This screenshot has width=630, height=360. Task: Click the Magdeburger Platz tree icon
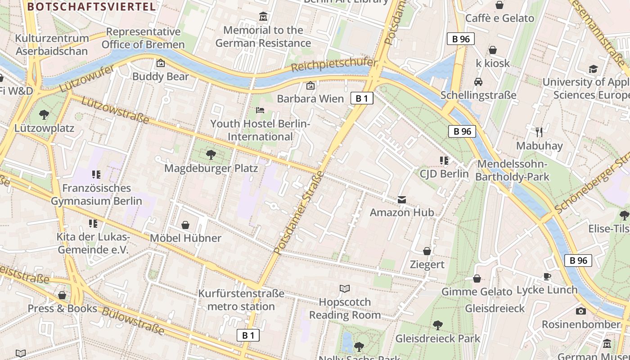coord(211,155)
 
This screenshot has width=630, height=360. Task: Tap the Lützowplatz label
coord(44,128)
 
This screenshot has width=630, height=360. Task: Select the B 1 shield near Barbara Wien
coord(361,98)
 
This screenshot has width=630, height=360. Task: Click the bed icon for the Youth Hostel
coord(260,110)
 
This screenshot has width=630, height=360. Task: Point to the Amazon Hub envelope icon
coord(401,199)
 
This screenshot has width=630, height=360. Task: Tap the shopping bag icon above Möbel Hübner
coord(185,225)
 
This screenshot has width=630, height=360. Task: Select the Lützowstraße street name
coord(115,110)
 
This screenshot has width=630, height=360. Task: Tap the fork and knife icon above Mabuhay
coord(539,132)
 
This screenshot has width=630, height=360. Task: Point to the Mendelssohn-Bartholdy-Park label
coord(512,171)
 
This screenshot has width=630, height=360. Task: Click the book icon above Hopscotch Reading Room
coord(345,288)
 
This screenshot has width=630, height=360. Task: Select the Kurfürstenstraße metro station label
coord(241,300)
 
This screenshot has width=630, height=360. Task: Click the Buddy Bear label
coord(161,76)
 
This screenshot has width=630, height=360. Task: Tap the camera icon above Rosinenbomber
coord(581,311)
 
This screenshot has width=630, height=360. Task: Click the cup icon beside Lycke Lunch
coord(547,276)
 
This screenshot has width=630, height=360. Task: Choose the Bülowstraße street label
coord(133,321)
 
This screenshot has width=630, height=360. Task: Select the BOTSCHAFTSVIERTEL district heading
coord(91,6)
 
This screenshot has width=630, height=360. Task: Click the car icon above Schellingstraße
coord(478,82)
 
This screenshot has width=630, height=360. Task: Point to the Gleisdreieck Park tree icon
coord(437,325)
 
